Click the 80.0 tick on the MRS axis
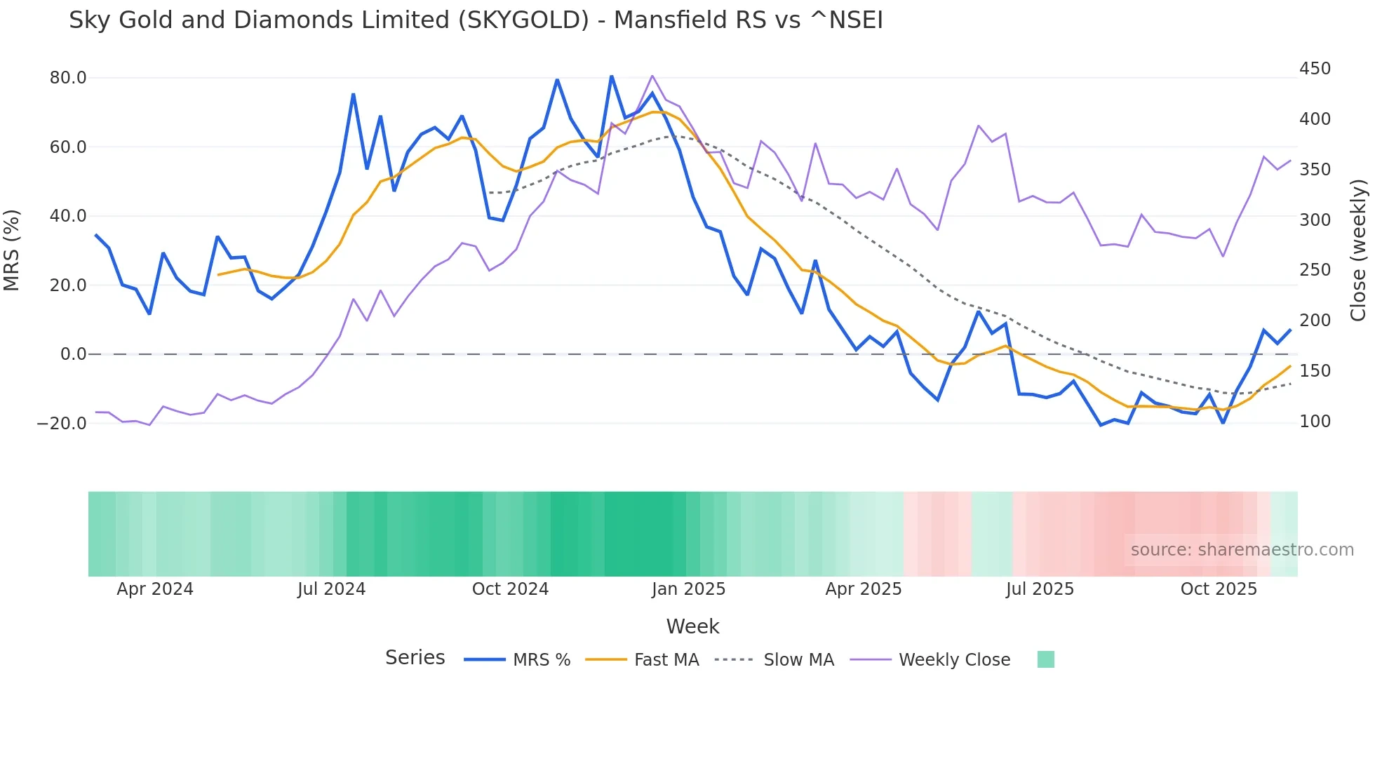click(x=67, y=78)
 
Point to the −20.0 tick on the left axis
click(x=62, y=424)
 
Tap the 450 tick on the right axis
click(x=1315, y=69)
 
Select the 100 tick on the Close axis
click(x=1315, y=422)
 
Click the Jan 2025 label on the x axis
click(x=688, y=589)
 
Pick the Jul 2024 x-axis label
click(x=331, y=589)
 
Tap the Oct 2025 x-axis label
click(x=1219, y=589)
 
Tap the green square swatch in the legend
click(x=1045, y=659)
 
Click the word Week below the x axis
click(x=692, y=626)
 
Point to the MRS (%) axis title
click(x=12, y=250)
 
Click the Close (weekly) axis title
click(x=1358, y=250)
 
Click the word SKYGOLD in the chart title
click(x=523, y=20)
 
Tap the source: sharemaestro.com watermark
click(x=1242, y=550)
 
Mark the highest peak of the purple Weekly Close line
click(x=652, y=76)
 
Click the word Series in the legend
click(x=415, y=658)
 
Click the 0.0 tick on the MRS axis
click(x=73, y=354)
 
